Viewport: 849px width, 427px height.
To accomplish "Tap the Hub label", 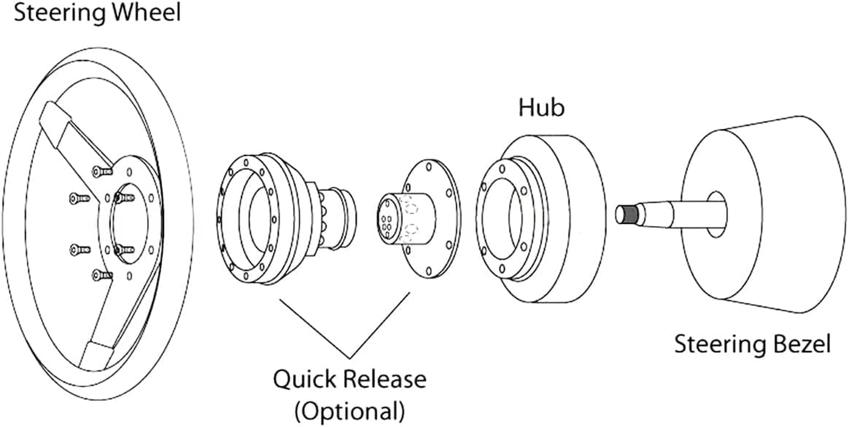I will [x=541, y=108].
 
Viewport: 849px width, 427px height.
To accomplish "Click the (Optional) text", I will [x=349, y=411].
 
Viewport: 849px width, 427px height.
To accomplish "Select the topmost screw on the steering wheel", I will [x=101, y=171].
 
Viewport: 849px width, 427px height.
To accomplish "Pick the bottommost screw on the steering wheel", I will [x=101, y=275].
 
